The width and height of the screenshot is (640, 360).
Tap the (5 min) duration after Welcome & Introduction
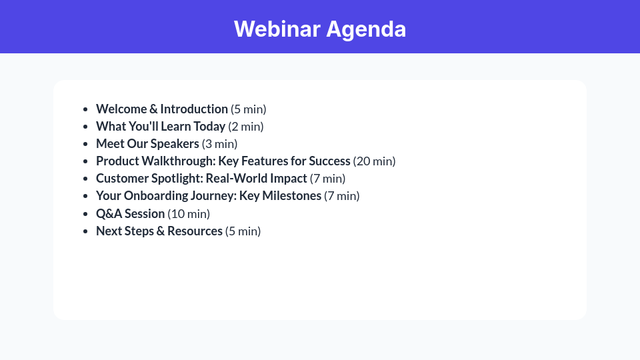[x=249, y=109]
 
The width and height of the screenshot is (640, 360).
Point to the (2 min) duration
[x=246, y=127]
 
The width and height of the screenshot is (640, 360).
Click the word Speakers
[x=175, y=144]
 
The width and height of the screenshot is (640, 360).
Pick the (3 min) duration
[x=220, y=144]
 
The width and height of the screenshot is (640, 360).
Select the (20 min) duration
[x=375, y=161]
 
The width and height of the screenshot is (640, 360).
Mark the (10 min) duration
[x=189, y=213]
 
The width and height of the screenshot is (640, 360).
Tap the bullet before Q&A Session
[x=85, y=214]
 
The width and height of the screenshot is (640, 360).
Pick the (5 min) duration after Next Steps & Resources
[x=243, y=231]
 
